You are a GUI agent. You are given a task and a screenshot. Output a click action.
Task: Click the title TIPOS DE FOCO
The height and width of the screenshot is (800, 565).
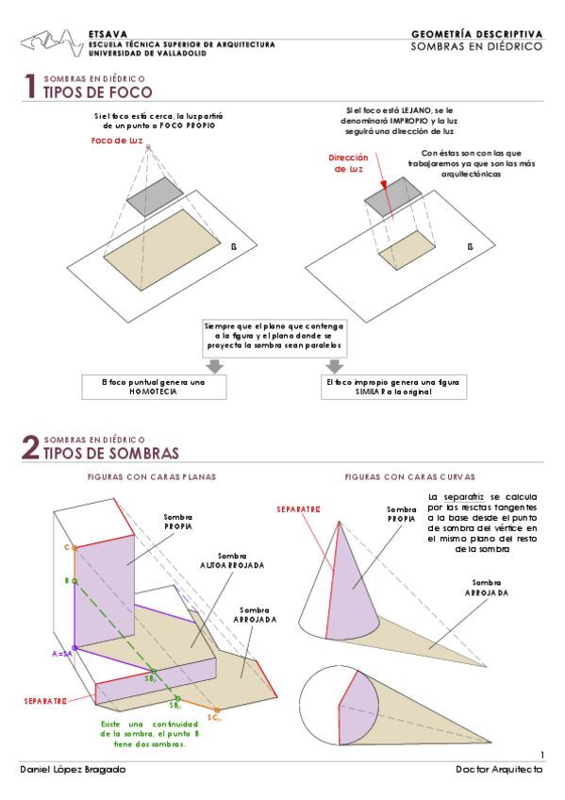pyautogui.click(x=97, y=92)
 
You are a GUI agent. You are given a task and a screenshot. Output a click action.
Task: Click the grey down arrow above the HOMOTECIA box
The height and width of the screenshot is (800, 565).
pyautogui.click(x=215, y=365)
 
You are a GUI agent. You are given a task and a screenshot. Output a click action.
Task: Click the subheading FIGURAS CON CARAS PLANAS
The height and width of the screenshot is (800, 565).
pyautogui.click(x=151, y=477)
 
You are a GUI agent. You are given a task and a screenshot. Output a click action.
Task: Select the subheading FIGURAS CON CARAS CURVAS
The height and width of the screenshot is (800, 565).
pyautogui.click(x=409, y=477)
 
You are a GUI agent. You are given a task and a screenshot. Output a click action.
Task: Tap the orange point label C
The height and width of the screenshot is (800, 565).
pyautogui.click(x=67, y=547)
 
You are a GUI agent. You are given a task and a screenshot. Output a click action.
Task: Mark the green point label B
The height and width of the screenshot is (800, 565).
pyautogui.click(x=67, y=581)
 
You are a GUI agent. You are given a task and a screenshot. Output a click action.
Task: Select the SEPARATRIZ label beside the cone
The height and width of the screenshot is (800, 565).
pyautogui.click(x=298, y=509)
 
